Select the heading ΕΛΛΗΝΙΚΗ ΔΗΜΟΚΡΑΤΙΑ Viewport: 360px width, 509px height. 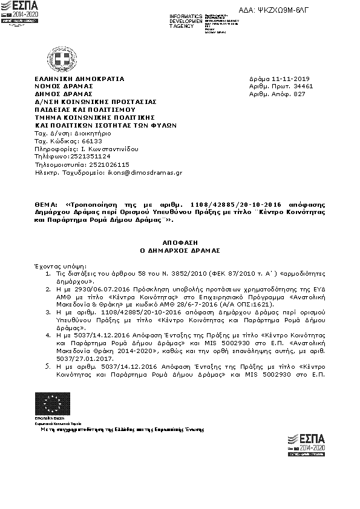(x=79, y=79)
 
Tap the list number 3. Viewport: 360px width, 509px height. (x=48, y=313)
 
